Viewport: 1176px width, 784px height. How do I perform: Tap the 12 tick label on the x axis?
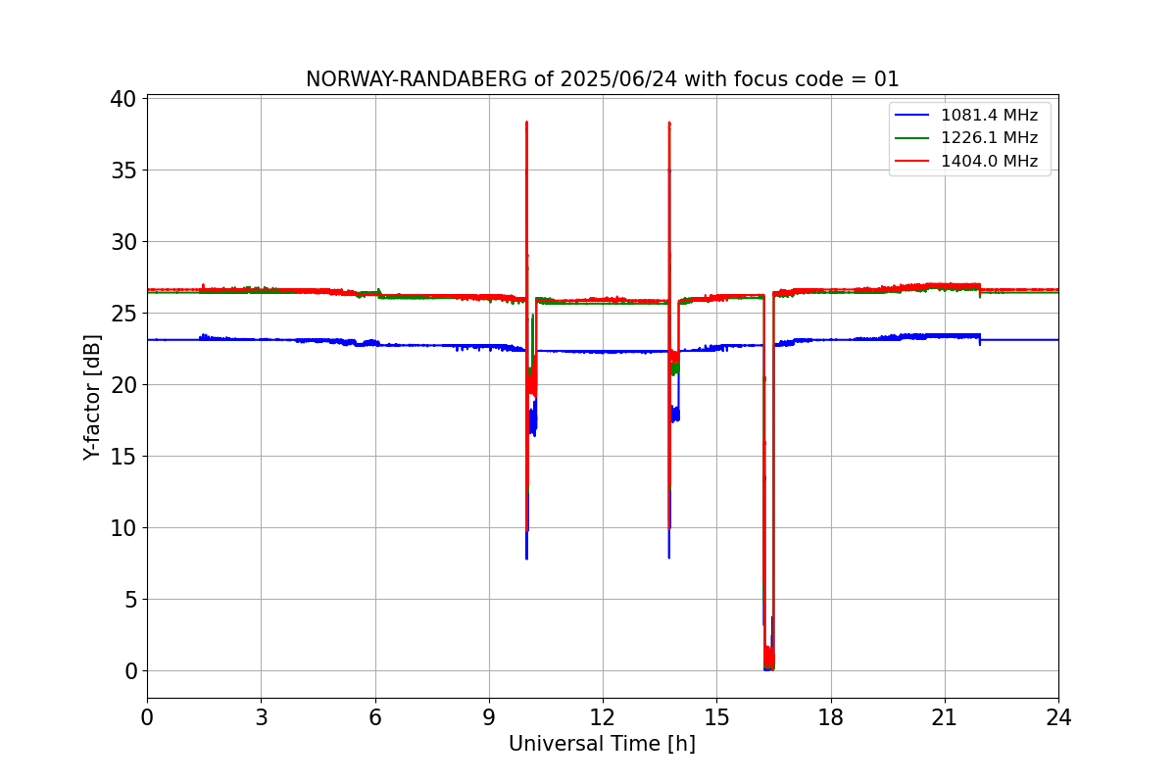coord(603,717)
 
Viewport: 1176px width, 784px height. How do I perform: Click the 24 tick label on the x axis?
coord(1058,717)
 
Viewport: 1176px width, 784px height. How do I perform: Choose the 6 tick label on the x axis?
coord(374,717)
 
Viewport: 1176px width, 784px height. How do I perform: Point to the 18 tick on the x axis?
coord(831,717)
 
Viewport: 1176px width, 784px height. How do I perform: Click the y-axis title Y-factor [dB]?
coord(93,397)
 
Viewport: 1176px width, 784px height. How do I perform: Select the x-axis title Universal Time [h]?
coord(602,745)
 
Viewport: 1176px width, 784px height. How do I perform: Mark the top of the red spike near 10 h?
coord(526,122)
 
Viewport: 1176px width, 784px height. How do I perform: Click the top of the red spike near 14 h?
coord(669,123)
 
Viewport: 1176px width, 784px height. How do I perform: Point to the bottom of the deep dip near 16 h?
coord(768,667)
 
